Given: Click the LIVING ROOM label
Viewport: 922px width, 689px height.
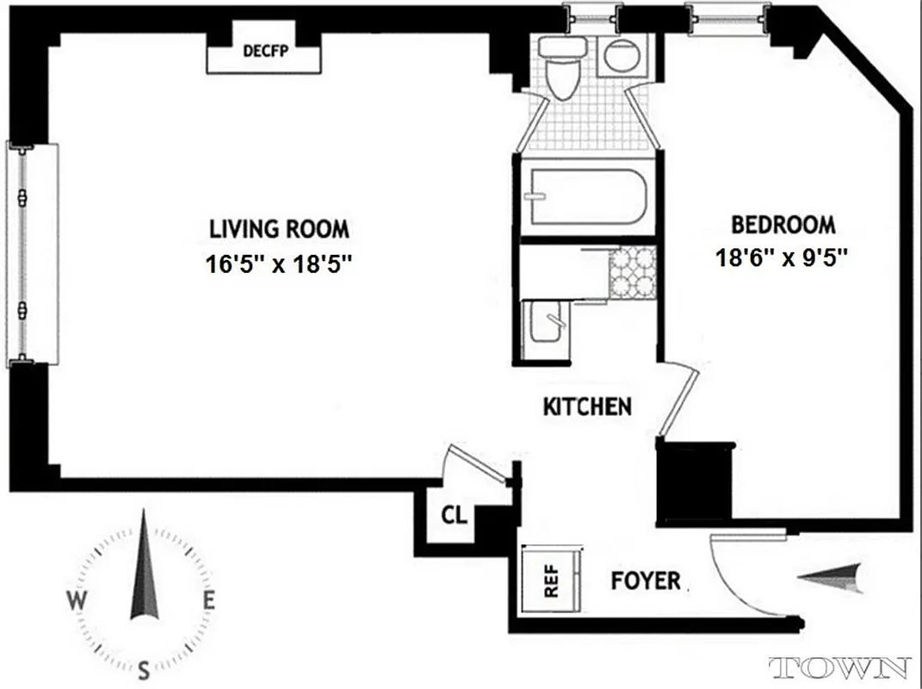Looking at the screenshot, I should point(280,229).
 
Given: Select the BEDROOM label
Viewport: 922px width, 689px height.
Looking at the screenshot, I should point(783,226).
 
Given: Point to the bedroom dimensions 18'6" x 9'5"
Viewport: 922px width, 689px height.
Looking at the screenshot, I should point(783,258).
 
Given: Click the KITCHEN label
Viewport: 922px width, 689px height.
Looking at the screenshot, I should point(588,407).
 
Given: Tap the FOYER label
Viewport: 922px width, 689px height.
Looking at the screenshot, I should point(646,581).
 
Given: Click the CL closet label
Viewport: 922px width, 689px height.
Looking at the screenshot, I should point(454,516).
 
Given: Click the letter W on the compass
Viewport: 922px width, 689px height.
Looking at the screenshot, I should point(77,600).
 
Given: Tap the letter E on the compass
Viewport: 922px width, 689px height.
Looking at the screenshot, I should point(208,601).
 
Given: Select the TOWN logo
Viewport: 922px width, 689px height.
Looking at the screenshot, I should point(839,667).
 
